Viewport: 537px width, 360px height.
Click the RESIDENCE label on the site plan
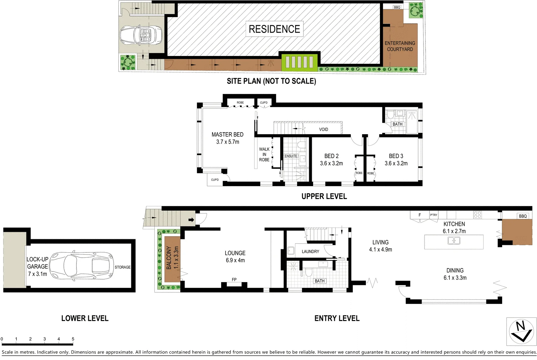tap(274, 29)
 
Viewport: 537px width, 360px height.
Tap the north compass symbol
tap(521, 331)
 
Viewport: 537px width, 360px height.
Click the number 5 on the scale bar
tap(73, 339)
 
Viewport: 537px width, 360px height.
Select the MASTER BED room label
tap(227, 135)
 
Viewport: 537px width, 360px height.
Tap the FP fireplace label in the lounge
tap(234, 279)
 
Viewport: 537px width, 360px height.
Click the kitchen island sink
tap(454, 241)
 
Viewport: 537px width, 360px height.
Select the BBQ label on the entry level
tap(523, 216)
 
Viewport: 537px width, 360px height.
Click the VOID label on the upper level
tap(323, 130)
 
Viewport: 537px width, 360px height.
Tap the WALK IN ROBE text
tap(264, 154)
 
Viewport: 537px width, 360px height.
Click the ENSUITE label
tap(291, 156)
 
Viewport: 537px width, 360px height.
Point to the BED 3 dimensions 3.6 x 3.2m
tap(396, 163)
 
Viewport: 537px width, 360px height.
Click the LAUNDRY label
tap(310, 251)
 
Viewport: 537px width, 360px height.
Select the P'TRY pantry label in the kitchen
tap(434, 215)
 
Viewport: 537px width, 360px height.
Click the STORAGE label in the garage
tap(123, 267)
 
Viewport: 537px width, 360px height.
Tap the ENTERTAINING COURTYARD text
tap(400, 46)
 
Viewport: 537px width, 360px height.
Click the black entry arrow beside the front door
tap(191, 220)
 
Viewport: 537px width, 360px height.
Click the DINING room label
tap(455, 270)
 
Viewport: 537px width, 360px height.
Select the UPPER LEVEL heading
tap(324, 196)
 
